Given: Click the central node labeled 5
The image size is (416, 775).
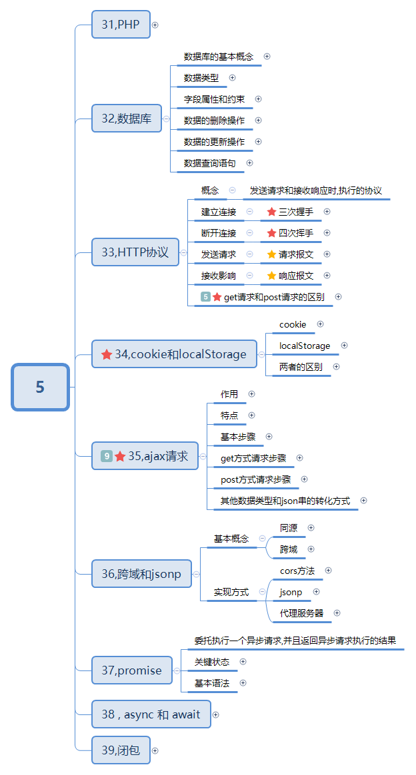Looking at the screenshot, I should click(x=40, y=387).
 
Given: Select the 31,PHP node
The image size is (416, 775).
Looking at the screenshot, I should click(x=121, y=25).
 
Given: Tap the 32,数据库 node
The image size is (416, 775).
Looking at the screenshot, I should click(x=127, y=119).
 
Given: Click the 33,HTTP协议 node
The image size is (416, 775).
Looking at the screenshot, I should click(x=135, y=252).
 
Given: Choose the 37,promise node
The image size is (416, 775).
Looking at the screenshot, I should click(x=131, y=670).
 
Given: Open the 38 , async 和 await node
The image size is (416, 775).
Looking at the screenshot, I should click(x=151, y=714).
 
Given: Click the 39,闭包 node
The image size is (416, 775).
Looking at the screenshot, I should click(x=121, y=750).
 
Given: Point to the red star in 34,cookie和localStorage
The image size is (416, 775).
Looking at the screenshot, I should click(x=107, y=355).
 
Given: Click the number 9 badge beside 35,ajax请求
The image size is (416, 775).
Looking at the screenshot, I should click(x=106, y=456).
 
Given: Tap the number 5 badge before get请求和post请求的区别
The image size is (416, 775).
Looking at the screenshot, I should click(x=205, y=297).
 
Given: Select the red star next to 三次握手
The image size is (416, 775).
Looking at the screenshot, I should click(x=271, y=212).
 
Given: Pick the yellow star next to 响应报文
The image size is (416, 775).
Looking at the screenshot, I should click(x=271, y=276).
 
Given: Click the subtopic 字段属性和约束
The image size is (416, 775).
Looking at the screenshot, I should click(x=214, y=99).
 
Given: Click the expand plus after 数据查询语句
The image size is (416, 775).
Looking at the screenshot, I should click(x=250, y=162).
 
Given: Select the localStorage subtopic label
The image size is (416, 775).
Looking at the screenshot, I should click(x=305, y=346).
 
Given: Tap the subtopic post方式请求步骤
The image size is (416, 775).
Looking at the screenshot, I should click(x=255, y=479).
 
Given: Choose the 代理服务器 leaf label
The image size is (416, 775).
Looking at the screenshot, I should click(x=301, y=613).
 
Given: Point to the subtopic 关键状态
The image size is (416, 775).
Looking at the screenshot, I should click(x=212, y=662).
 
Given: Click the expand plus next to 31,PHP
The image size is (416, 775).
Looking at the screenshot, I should click(x=155, y=25).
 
